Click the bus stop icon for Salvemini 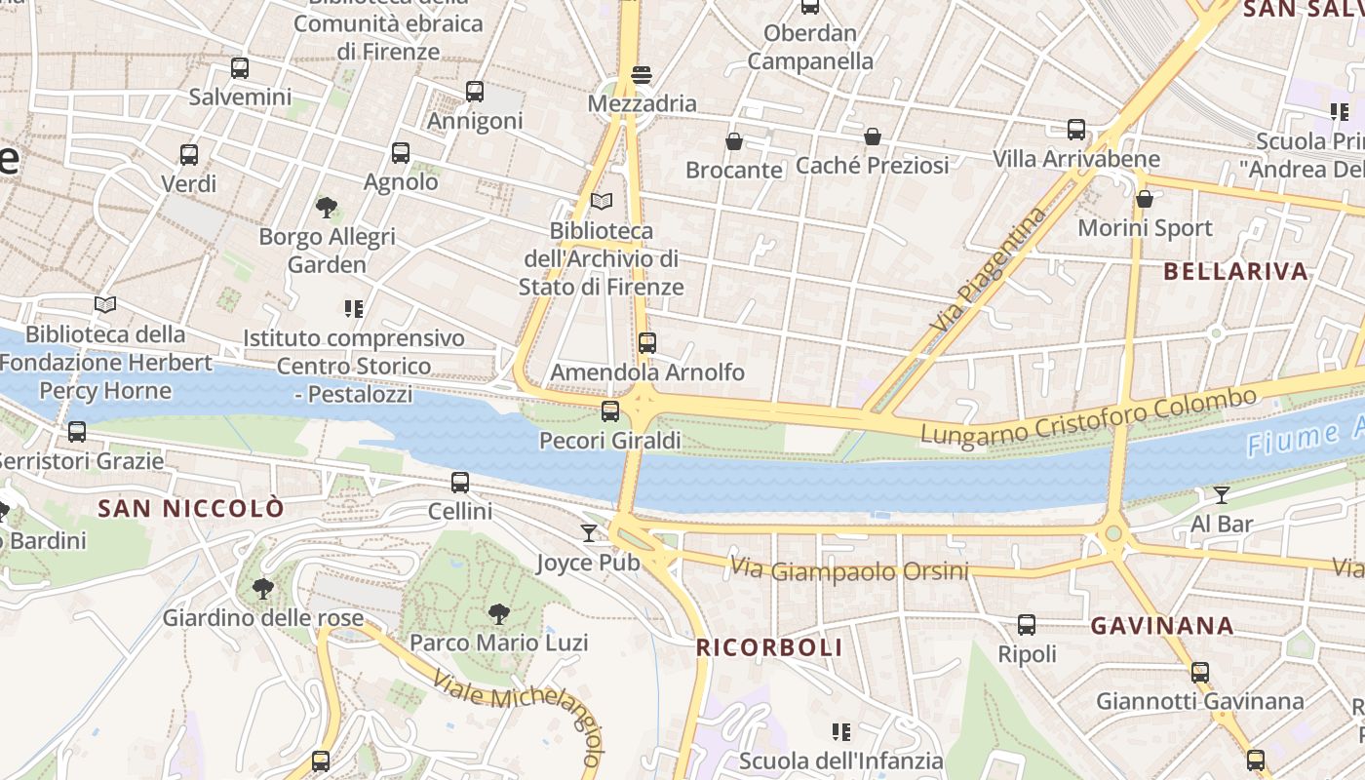point(240,68)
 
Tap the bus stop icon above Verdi point(189,154)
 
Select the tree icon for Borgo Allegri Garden point(327,207)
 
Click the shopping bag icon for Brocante point(734,141)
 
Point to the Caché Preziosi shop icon point(873,136)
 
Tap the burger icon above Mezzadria point(642,75)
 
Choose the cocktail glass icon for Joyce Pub point(589,532)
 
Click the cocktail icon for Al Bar point(1221,494)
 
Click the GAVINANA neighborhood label point(1162,626)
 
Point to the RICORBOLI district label point(769,647)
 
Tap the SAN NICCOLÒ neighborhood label point(192,508)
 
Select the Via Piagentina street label point(990,267)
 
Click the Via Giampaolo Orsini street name point(849,570)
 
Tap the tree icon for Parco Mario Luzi point(499,614)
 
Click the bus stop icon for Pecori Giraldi point(610,411)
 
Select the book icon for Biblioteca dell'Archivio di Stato point(602,202)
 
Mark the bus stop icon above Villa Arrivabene point(1076,130)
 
